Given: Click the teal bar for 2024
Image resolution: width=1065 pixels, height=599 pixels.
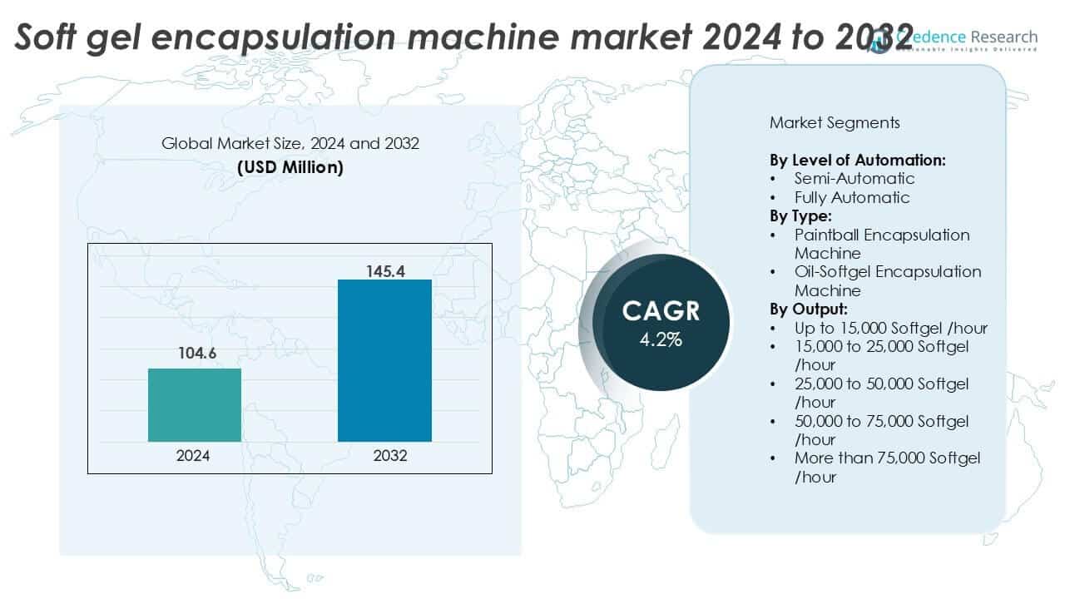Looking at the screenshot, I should coord(195,404).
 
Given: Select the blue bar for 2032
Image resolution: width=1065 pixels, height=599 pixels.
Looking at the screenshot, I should coord(384,360).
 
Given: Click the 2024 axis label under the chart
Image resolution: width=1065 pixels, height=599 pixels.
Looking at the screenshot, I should coord(194,456).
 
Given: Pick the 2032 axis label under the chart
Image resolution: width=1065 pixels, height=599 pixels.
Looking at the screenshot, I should coord(384,456).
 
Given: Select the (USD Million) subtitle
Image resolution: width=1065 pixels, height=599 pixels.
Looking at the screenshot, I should coord(290,166).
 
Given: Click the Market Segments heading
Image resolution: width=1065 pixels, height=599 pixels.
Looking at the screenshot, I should coord(835,123).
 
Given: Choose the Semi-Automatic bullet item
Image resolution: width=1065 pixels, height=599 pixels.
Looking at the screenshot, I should coord(854,178).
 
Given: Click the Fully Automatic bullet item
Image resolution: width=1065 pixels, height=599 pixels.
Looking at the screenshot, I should coord(852,197).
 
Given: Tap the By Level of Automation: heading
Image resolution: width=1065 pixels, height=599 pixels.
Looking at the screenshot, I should coord(857,160).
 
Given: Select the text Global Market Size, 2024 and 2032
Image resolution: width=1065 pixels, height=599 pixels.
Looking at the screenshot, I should coord(290,143).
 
